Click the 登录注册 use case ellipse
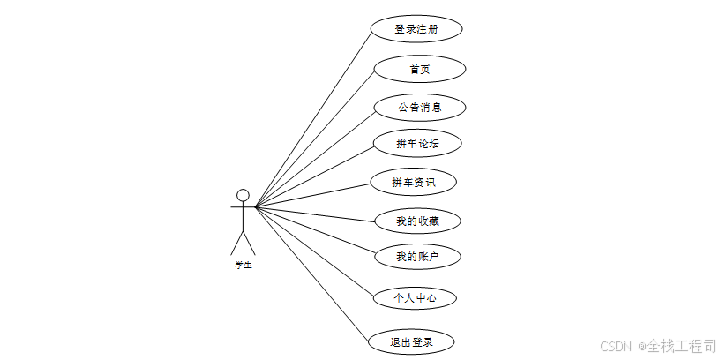(x=416, y=28)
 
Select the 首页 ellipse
(x=420, y=69)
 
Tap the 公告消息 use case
(x=419, y=108)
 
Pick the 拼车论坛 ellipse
(x=417, y=143)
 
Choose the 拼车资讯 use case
(x=413, y=183)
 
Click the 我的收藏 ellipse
(x=417, y=221)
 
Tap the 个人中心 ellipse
(x=414, y=298)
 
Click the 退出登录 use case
(x=412, y=341)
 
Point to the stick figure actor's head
(x=243, y=195)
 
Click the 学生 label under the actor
(x=243, y=265)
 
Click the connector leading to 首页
(x=316, y=138)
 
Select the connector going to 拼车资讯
(x=313, y=196)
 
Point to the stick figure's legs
(x=243, y=242)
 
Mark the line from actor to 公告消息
(x=315, y=158)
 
